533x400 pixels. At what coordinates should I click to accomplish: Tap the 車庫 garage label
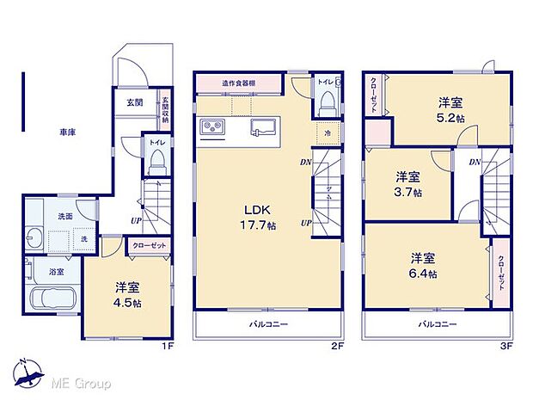(69, 132)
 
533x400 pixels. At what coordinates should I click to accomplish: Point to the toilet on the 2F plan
(326, 103)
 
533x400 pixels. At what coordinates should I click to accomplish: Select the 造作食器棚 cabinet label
(238, 83)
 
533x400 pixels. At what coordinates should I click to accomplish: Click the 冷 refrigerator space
(327, 132)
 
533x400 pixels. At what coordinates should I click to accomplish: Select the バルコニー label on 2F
(268, 325)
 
